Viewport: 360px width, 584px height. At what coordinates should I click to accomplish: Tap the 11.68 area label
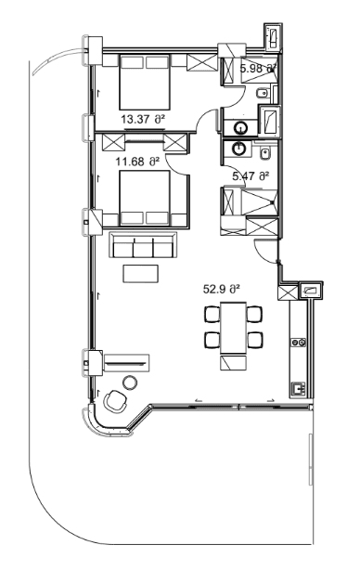point(137,162)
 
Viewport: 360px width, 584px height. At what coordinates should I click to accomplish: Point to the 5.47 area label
point(251,175)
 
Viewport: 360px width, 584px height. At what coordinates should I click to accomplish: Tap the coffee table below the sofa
point(141,274)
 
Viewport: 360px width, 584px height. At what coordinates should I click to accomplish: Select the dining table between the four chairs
point(232,326)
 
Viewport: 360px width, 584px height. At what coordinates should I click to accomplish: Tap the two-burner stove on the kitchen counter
point(300,343)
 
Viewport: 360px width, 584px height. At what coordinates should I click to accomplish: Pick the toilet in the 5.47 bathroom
point(264,153)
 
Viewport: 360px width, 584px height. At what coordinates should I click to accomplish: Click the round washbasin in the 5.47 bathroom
point(240,149)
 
